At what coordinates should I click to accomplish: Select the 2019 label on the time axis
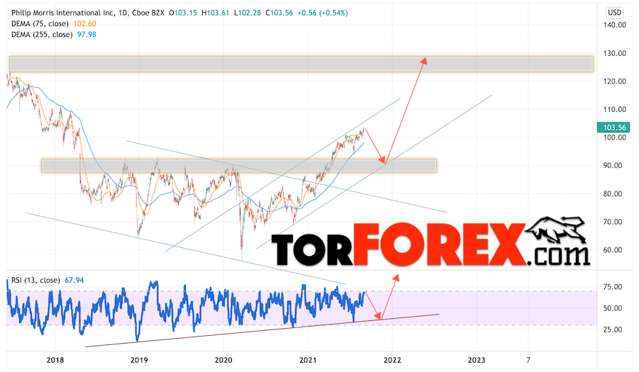[x=139, y=361]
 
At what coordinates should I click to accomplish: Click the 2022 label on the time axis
[x=392, y=361]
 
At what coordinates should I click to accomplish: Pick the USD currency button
[x=615, y=13]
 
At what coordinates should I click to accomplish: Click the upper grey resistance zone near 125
[x=301, y=64]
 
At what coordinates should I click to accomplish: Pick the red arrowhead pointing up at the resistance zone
[x=424, y=60]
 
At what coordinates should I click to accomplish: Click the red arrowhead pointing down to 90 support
[x=382, y=161]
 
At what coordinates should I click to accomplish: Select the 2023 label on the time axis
[x=477, y=361]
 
